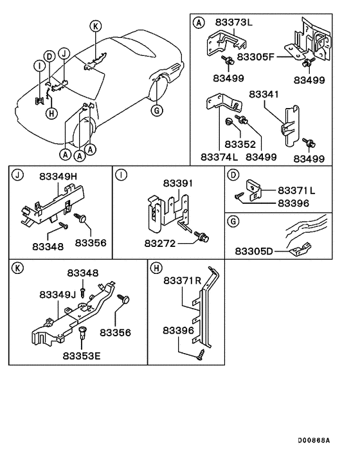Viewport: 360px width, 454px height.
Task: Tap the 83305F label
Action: (256, 56)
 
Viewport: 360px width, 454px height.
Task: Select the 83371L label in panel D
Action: (296, 191)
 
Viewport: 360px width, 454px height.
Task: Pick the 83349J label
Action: (58, 294)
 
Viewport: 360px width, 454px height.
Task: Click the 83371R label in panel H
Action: (183, 281)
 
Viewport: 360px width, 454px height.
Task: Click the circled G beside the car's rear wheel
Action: (155, 110)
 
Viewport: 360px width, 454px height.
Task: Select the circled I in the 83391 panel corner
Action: (120, 174)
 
